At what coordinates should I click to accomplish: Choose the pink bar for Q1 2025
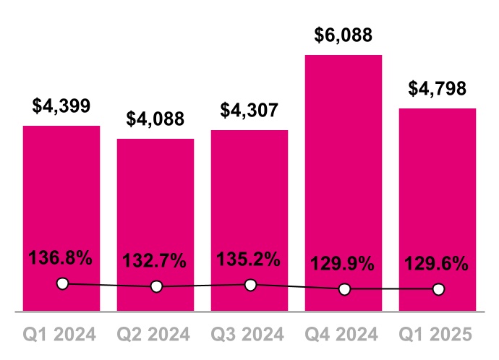[x=438, y=188]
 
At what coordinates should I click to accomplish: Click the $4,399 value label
[x=61, y=106]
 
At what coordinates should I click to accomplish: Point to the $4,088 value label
[x=155, y=119]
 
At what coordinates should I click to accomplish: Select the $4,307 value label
[x=249, y=110]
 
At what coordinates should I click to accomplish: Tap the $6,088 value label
[x=344, y=35]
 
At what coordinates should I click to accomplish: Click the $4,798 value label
[x=438, y=88]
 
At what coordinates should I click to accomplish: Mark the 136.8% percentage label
[x=61, y=257]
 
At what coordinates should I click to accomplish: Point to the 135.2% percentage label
[x=249, y=259]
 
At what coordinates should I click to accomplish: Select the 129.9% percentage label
[x=344, y=264]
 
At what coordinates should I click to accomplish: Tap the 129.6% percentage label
[x=437, y=264]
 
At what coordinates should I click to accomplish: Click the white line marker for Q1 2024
[x=62, y=283]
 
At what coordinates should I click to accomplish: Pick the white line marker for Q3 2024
[x=250, y=285]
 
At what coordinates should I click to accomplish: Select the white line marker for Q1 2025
[x=438, y=289]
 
